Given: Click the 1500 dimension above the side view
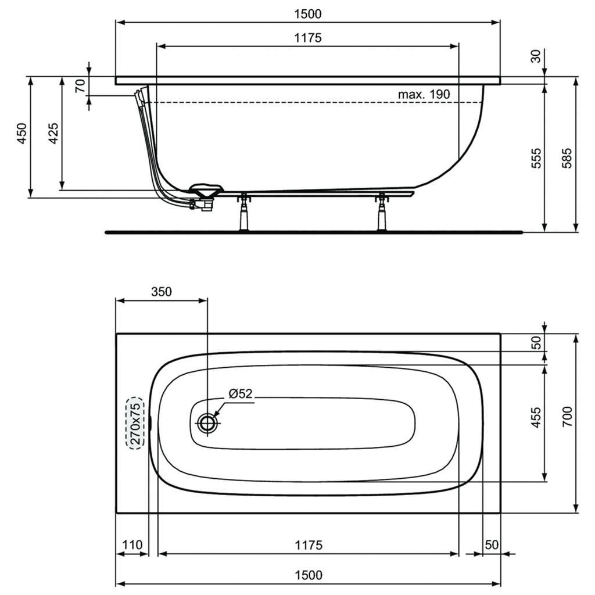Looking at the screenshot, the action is click(308, 14).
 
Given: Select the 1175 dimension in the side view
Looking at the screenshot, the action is click(308, 38).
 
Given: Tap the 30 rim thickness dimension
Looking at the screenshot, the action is click(535, 56).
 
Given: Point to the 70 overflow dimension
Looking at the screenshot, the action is click(80, 86).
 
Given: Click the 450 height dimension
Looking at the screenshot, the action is click(22, 133).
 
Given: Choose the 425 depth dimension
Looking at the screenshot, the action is click(53, 133).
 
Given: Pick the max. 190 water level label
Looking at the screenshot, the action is click(424, 94).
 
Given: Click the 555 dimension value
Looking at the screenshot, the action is click(535, 158).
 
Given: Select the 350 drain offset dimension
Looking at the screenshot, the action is click(162, 292).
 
